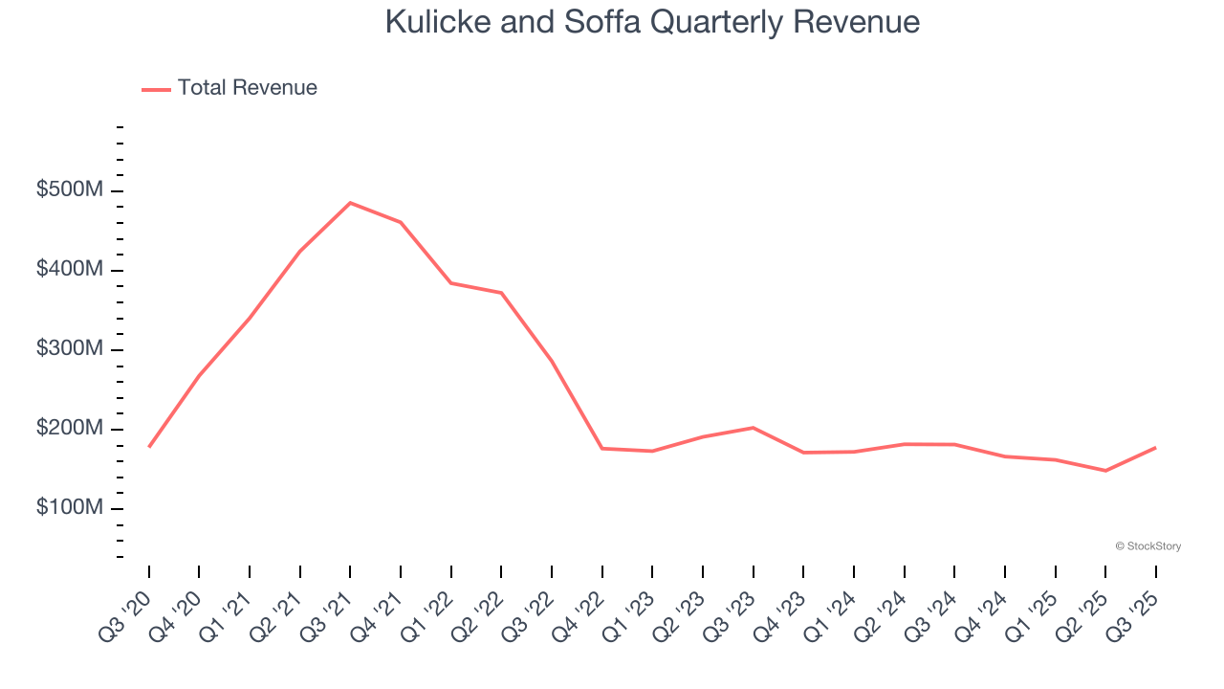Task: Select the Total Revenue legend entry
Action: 229,88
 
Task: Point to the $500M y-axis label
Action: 70,190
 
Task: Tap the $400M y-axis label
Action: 70,270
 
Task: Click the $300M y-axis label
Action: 70,349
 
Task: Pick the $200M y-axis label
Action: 70,429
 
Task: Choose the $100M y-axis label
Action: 70,508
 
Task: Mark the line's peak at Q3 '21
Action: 350,203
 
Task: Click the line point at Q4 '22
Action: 602,448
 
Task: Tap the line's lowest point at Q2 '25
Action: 1105,471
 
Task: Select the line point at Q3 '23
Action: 754,428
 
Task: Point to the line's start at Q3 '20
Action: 149,447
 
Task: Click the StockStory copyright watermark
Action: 1147,546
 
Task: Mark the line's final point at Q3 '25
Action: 1155,448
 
